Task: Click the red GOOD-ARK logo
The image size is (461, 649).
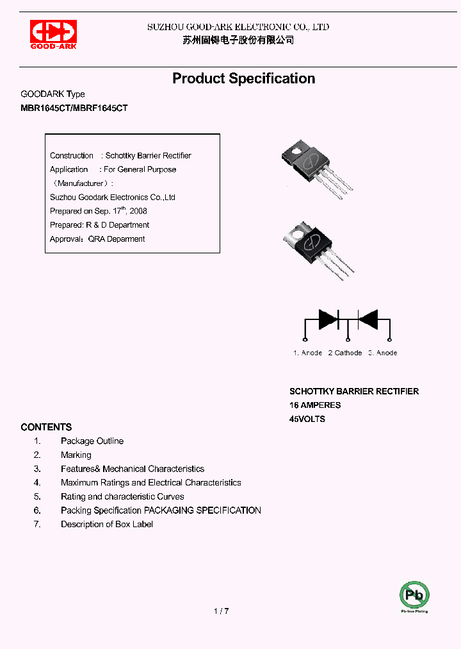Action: tap(54, 34)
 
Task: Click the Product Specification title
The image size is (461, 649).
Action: tap(243, 78)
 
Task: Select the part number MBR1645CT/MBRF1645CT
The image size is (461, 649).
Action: tap(74, 108)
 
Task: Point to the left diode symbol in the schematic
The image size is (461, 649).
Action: tap(328, 319)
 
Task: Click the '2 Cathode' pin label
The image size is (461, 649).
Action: tap(345, 353)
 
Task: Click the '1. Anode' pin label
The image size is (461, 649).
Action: tap(308, 353)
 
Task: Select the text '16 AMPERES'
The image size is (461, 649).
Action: tap(315, 405)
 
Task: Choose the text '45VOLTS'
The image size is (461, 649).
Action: tap(307, 419)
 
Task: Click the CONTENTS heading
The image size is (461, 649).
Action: tap(46, 427)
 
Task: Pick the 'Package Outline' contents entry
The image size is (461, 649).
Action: tap(92, 441)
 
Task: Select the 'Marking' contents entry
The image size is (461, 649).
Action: tap(76, 455)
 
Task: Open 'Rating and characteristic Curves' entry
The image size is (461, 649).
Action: tap(122, 496)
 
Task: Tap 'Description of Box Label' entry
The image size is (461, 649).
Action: tap(107, 525)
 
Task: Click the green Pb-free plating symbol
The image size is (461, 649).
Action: tap(414, 595)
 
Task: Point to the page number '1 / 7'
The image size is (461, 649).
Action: tap(221, 611)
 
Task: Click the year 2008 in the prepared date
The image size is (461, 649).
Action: tap(138, 211)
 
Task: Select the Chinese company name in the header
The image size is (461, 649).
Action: tap(238, 40)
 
